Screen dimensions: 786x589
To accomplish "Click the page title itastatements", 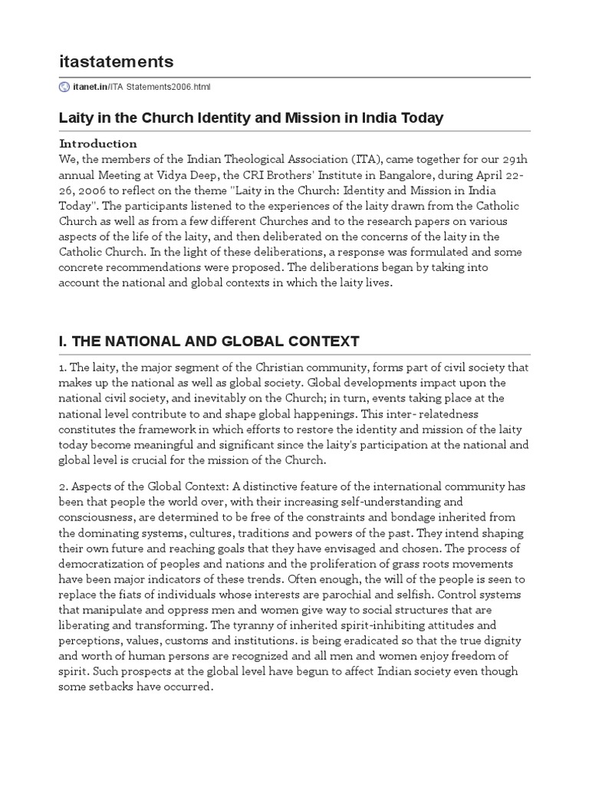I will tap(117, 61).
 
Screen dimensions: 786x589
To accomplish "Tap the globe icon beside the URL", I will tap(64, 87).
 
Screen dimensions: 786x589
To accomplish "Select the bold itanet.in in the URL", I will tap(90, 87).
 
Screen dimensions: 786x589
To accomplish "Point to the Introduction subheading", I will tap(98, 144).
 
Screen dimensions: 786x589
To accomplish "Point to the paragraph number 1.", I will tap(62, 367).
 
